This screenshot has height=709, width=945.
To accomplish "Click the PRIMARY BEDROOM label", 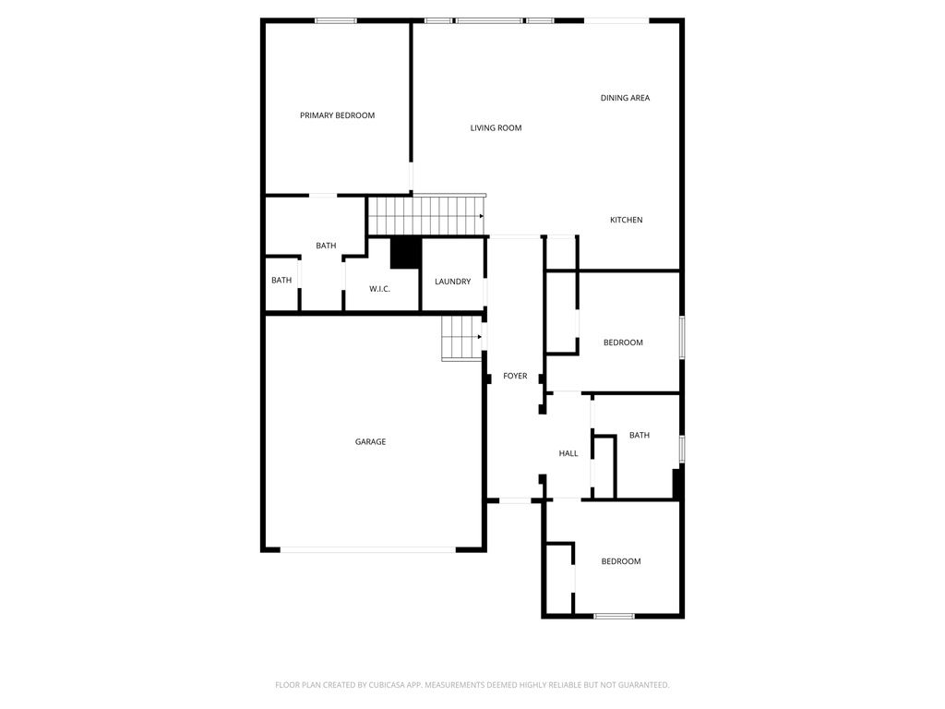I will pos(337,115).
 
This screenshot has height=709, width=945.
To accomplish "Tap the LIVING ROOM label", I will pos(496,128).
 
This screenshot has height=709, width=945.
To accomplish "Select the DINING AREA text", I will pos(625,98).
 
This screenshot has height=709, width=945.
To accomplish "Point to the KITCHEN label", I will pos(626,220).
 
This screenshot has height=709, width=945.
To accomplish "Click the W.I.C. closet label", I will pos(379,289).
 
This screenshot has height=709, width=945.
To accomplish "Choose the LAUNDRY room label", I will pos(452,282).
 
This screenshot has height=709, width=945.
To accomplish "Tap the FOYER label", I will pos(515,376).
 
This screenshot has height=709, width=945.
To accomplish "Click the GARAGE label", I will pos(370,442).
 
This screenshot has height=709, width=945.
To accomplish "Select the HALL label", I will pos(568,453).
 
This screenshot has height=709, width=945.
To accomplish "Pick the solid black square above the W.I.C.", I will pos(405,253).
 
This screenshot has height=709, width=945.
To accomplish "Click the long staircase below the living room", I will pos(426,215).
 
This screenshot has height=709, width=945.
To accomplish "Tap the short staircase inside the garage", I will pos(461,337).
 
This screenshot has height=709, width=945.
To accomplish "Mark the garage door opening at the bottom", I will pos(367,549).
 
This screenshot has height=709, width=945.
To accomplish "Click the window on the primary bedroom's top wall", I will pos(336,20).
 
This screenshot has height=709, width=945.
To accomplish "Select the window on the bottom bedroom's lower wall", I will pos(614,616).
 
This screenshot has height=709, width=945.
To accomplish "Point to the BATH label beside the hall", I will pos(639,435).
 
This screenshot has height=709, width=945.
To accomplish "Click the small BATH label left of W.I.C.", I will pos(281,281).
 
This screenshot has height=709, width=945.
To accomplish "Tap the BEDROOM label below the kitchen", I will pos(623,342).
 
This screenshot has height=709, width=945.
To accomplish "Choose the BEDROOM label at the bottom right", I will pos(620,561).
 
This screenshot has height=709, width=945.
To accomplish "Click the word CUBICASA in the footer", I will pos(385,685).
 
